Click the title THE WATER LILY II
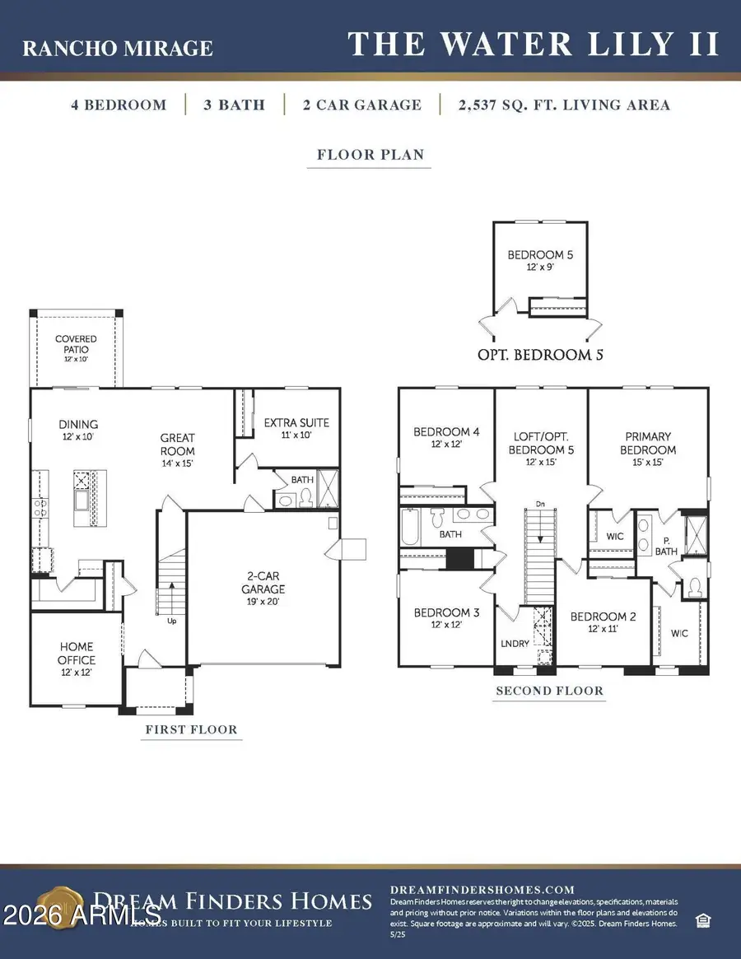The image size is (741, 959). (x=534, y=44)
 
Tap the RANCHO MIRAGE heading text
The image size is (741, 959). (x=117, y=49)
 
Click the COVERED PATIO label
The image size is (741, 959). (x=76, y=344)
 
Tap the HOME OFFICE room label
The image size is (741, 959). (x=76, y=653)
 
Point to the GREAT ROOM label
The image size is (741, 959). (x=178, y=445)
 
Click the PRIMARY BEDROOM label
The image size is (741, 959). (x=650, y=443)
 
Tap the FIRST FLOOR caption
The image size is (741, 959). (x=191, y=729)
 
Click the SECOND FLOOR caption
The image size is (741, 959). (x=549, y=691)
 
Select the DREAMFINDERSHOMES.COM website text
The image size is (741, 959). (x=482, y=889)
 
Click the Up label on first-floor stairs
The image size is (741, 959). (x=171, y=621)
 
